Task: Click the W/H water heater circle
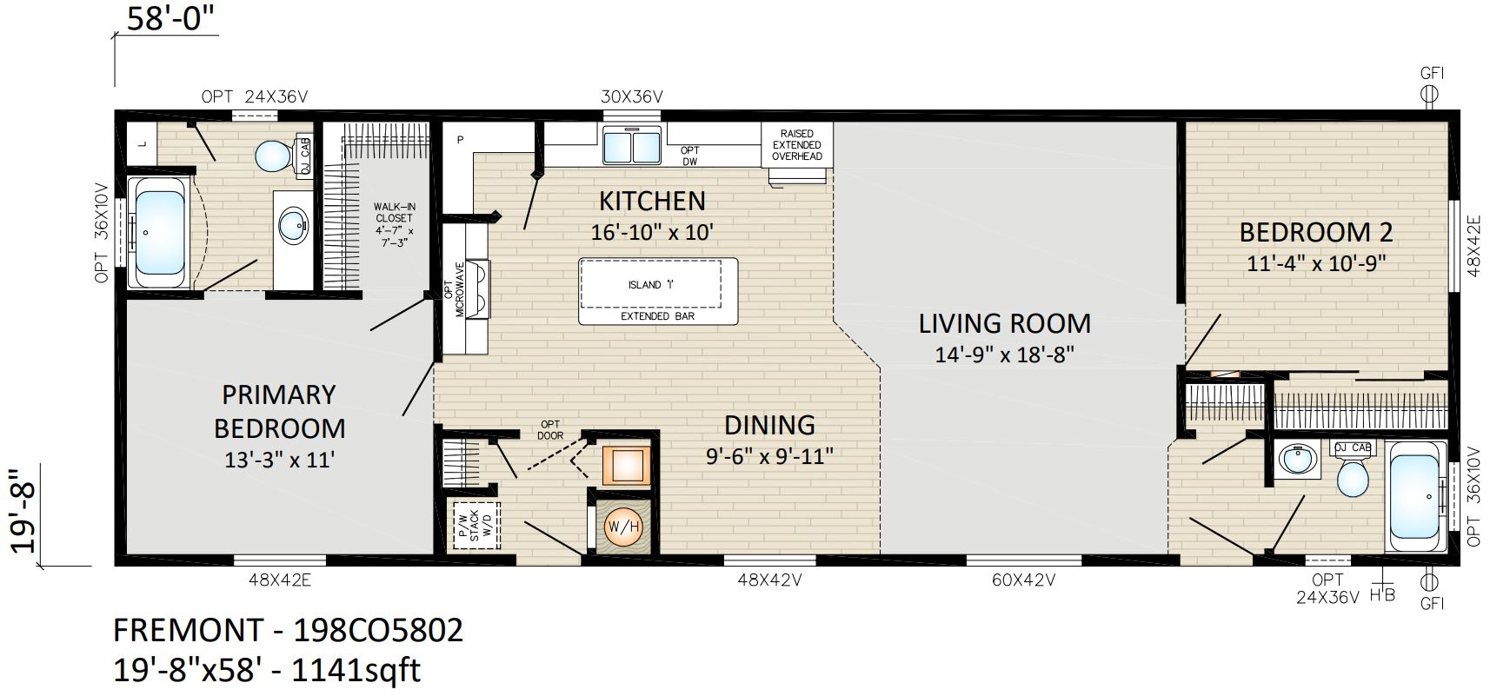coord(623,527)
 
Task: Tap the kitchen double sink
coord(632,145)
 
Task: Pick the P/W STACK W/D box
coord(476,525)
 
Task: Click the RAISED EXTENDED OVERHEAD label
coord(797,145)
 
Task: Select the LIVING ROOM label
coord(1004,324)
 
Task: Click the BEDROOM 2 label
coord(1316,232)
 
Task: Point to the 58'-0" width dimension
coord(171,18)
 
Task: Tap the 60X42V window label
coord(1024,580)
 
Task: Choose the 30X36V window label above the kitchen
coord(631,97)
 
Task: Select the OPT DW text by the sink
coord(689,156)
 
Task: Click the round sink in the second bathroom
coord(1296,459)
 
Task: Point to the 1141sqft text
coord(356,670)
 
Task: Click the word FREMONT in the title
coord(189,630)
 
